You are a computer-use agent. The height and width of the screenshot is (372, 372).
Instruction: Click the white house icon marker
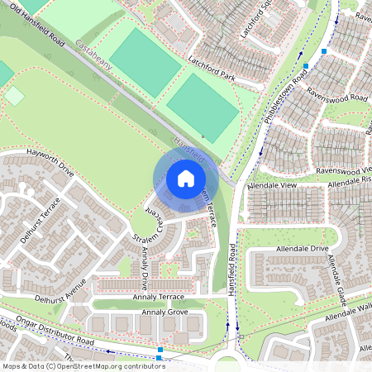point(186,178)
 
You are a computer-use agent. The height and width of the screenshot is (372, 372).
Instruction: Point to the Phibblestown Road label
point(287,98)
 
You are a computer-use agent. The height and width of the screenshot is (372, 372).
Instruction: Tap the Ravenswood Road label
point(337,98)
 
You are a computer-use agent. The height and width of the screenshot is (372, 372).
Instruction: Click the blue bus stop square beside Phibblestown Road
point(306,65)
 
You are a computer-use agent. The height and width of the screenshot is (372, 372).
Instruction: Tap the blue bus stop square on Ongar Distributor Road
point(160,351)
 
